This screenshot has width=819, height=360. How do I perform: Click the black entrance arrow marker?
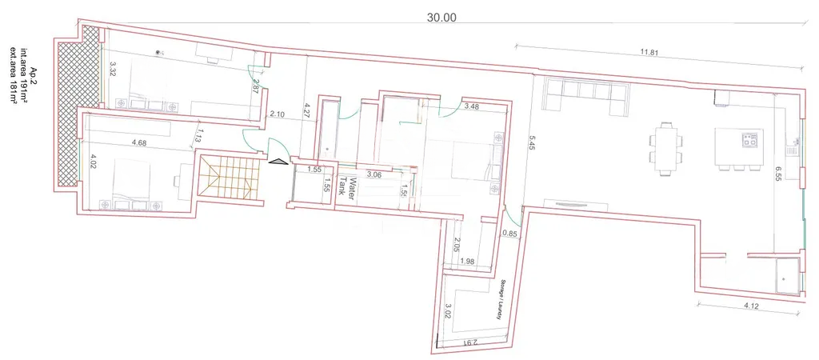[x=278, y=162]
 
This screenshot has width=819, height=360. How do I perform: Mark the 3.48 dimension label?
[x=472, y=106]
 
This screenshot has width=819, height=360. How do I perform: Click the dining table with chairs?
[x=666, y=148]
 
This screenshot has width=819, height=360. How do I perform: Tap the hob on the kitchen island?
[x=749, y=142]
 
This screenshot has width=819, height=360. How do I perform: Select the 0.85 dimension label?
[x=509, y=234]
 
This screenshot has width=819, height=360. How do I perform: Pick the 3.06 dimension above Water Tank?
[x=373, y=173]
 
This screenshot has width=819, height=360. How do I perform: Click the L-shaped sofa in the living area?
[x=583, y=95]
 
